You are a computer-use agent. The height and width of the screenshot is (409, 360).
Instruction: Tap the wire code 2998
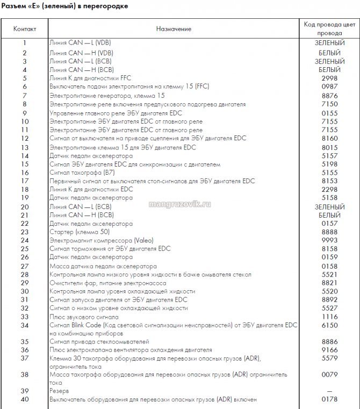(x=329, y=78)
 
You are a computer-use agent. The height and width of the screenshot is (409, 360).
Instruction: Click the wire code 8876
(x=329, y=95)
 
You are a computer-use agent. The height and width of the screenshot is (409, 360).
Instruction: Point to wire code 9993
(x=329, y=240)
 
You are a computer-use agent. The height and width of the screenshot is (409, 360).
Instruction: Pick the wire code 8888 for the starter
(x=329, y=232)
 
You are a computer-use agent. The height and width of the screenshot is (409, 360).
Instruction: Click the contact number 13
(x=25, y=147)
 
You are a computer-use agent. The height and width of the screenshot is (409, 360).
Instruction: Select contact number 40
(x=25, y=399)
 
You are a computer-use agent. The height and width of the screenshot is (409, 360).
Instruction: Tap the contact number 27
(x=25, y=266)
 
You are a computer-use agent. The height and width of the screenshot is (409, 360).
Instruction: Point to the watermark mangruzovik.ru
(x=179, y=204)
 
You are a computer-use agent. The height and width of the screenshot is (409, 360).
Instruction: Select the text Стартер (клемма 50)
(x=80, y=232)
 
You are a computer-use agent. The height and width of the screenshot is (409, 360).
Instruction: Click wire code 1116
(x=329, y=317)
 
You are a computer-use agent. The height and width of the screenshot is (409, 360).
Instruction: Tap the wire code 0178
(x=329, y=399)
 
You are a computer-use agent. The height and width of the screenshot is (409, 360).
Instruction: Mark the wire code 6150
(x=329, y=325)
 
